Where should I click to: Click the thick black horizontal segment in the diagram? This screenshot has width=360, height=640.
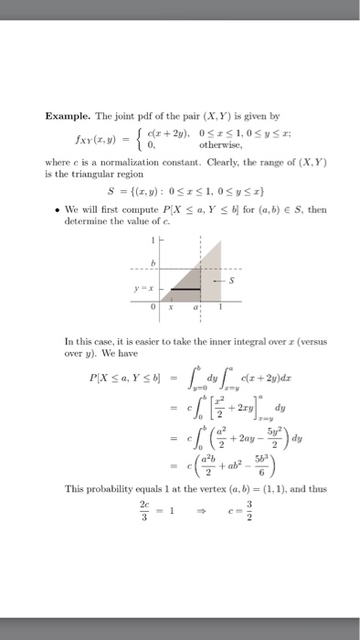tap(187, 289)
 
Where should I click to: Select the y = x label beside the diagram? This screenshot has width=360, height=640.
tap(145, 289)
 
